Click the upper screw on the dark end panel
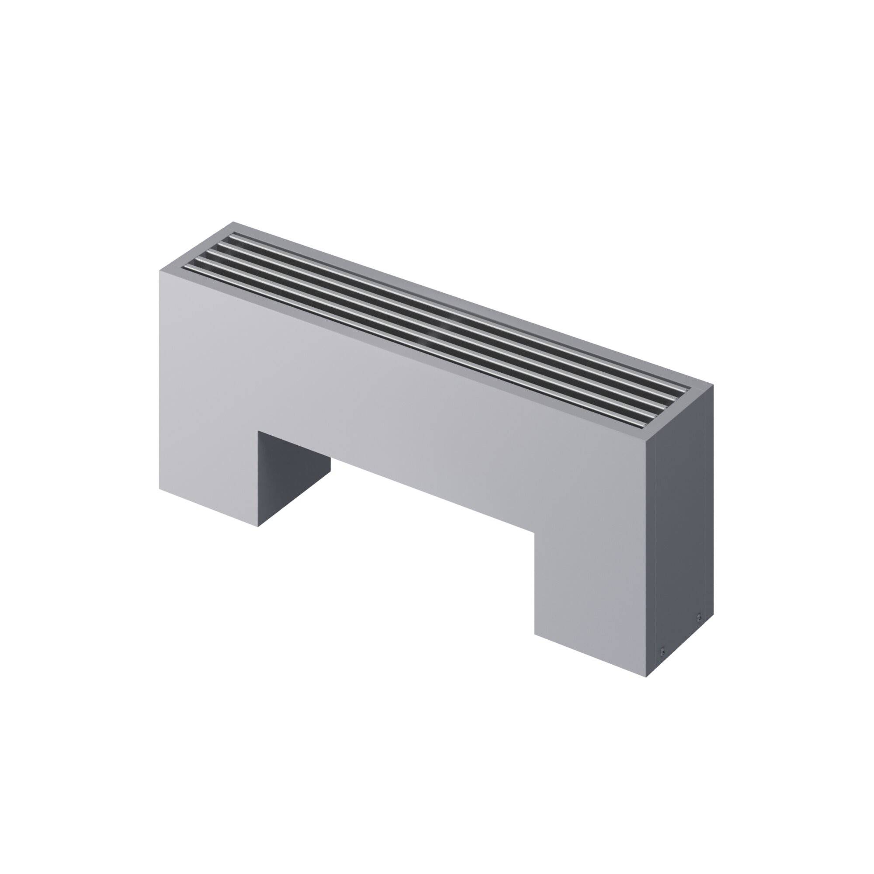coord(699,617)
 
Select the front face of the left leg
coord(208,452)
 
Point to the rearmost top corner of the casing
coord(234,222)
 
